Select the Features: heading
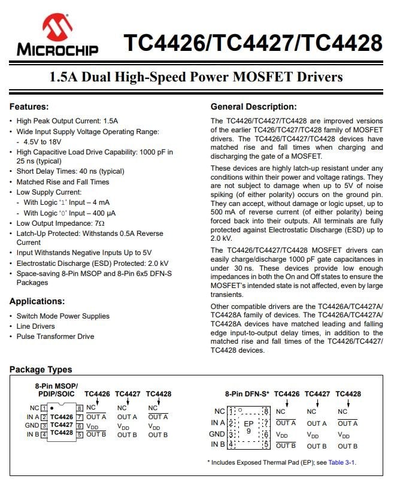29,107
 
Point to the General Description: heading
253,107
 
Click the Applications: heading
37,301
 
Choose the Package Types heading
41,369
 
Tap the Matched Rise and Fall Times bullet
62,181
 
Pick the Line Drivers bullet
35,326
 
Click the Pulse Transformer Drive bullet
55,337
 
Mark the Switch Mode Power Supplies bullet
63,316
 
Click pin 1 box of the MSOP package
44,408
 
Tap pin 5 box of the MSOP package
80,434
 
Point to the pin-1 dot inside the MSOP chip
51,407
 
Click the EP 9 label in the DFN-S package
249,426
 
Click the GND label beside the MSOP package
32,426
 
